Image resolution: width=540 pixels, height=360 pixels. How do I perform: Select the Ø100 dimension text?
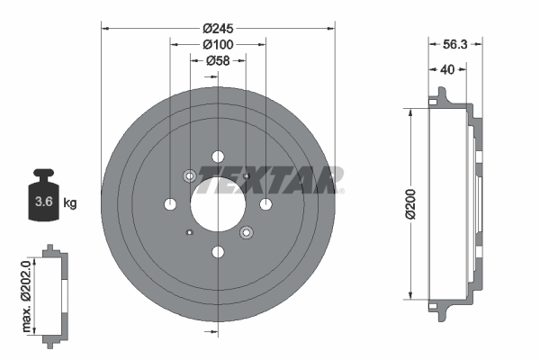click(219, 44)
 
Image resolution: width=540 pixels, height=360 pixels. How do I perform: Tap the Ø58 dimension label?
click(219, 61)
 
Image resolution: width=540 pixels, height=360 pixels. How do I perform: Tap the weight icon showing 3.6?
click(41, 197)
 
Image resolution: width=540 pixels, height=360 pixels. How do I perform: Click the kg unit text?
click(70, 203)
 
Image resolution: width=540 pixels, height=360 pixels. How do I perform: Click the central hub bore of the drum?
click(218, 203)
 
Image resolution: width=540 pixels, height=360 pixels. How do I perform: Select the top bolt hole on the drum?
click(218, 157)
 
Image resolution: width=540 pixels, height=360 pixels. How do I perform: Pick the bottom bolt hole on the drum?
click(218, 252)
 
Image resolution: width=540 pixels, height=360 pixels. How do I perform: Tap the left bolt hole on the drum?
click(170, 204)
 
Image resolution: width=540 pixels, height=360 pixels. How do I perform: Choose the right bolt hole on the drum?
click(265, 204)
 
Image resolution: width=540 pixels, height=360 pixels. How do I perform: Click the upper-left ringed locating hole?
click(190, 175)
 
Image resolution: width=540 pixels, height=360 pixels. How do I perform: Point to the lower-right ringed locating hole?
click(246, 233)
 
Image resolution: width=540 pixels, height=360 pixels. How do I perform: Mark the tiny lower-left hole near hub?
click(189, 232)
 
